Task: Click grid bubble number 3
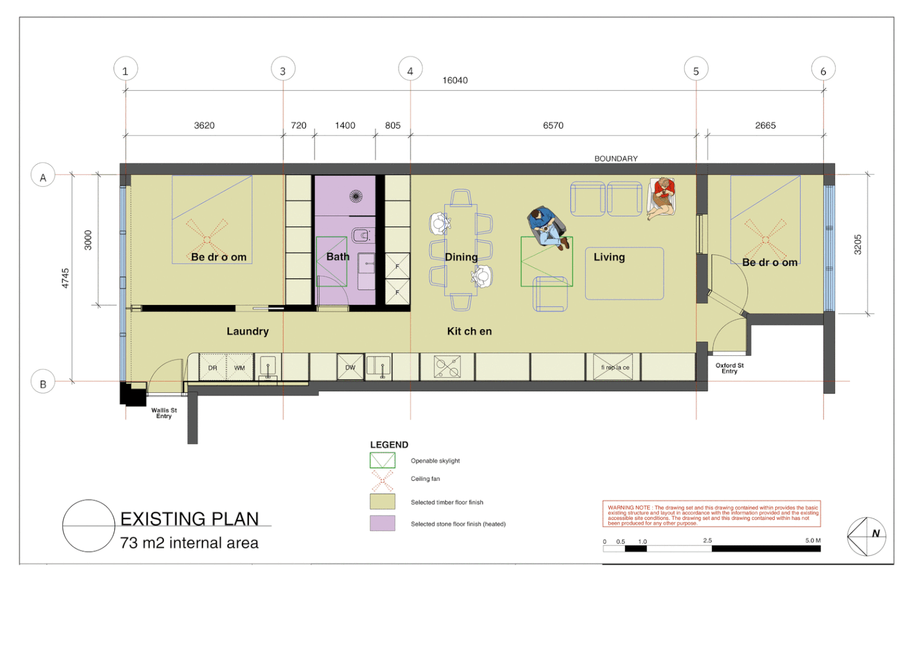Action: click(x=283, y=69)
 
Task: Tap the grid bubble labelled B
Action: click(x=43, y=382)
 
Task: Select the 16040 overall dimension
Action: click(x=455, y=80)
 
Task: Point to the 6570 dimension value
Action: click(x=553, y=125)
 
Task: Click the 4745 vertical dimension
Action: click(x=65, y=278)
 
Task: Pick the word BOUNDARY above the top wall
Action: click(x=616, y=159)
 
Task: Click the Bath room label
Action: click(x=338, y=257)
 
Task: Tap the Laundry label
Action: click(x=248, y=331)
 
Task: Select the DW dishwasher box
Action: click(x=350, y=367)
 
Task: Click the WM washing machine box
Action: click(x=239, y=367)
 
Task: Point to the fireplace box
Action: click(x=613, y=367)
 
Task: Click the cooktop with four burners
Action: click(x=447, y=367)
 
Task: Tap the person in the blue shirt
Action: click(x=547, y=227)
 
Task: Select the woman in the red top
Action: click(x=662, y=198)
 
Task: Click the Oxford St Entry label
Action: click(x=730, y=368)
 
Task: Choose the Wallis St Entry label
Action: click(x=164, y=413)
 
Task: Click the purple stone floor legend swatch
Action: click(x=382, y=523)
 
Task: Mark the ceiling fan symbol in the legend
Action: click(x=382, y=481)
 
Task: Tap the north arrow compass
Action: click(x=867, y=536)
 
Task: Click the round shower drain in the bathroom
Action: click(x=356, y=196)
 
